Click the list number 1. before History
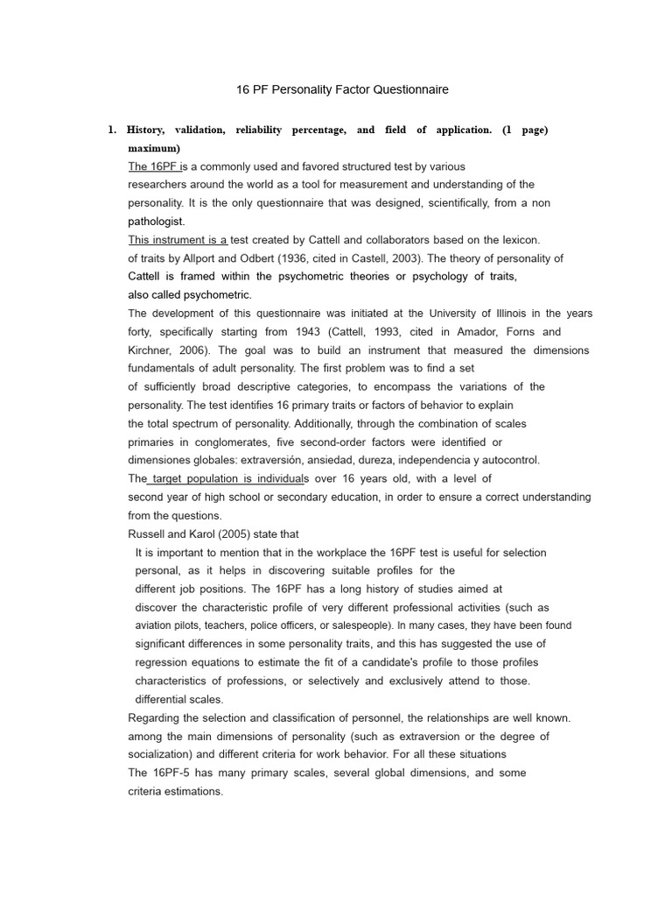[112, 130]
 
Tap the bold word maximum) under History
[154, 148]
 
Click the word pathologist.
[157, 222]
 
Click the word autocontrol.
[509, 460]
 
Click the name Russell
[148, 533]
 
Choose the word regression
[164, 662]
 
